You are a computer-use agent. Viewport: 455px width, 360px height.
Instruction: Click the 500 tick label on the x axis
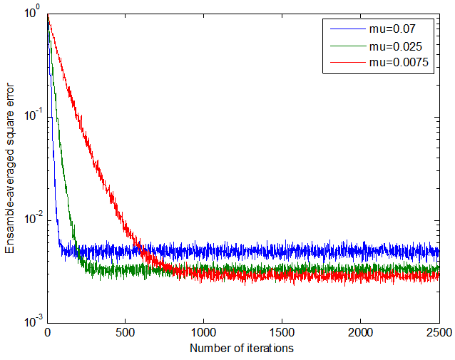126,333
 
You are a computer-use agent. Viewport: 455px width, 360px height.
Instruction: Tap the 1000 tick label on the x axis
204,333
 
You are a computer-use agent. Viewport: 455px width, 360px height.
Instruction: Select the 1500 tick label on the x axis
282,333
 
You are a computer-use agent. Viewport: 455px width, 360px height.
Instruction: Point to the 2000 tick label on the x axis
360,333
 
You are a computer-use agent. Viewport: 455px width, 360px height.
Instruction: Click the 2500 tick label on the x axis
438,333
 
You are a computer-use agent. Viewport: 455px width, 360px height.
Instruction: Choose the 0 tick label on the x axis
48,333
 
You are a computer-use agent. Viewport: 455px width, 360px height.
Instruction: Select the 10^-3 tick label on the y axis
32,322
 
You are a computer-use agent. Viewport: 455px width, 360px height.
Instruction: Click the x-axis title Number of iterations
242,349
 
